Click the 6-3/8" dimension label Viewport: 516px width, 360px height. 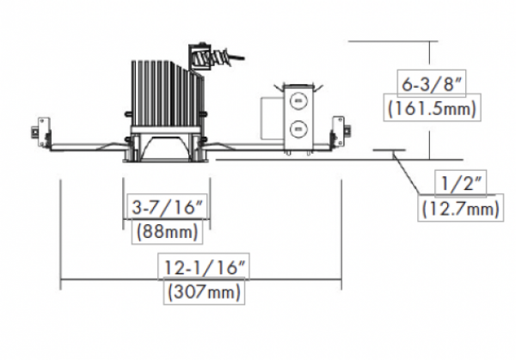(x=432, y=84)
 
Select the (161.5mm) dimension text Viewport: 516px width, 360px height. (x=432, y=108)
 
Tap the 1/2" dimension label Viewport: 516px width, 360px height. (x=460, y=184)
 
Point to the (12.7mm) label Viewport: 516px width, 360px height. (x=460, y=209)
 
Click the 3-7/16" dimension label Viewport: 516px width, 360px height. (x=167, y=207)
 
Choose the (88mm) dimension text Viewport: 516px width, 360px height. (x=167, y=231)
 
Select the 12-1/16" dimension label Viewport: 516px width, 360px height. (x=204, y=267)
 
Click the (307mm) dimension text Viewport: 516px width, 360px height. (x=204, y=291)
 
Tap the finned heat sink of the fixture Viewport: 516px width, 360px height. (x=167, y=94)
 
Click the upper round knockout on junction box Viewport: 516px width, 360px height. (x=298, y=101)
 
